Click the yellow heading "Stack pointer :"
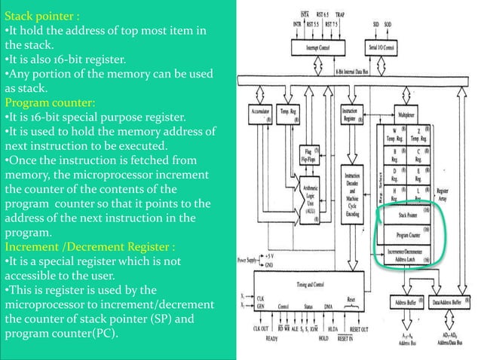point(41,14)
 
